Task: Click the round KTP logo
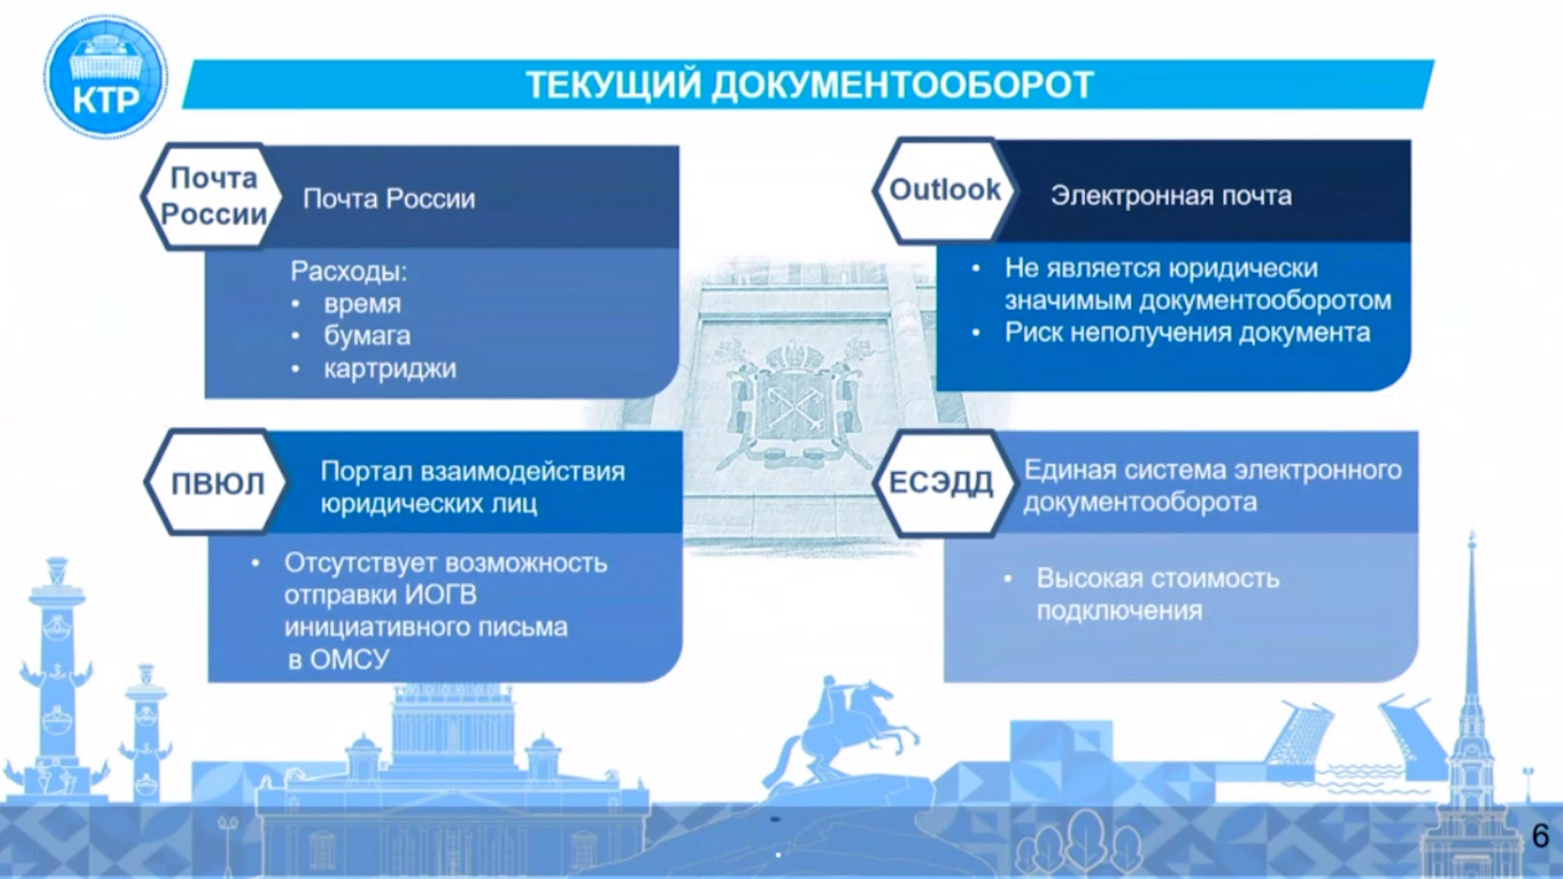(x=106, y=77)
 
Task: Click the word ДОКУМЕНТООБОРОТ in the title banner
(x=903, y=85)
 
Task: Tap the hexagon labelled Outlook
(x=944, y=191)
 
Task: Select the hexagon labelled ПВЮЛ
(x=217, y=483)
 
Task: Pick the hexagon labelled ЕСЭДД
(x=943, y=483)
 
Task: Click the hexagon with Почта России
(x=213, y=196)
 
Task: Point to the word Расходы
(x=348, y=271)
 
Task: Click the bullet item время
(x=351, y=304)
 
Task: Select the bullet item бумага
(x=367, y=336)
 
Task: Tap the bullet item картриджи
(x=390, y=370)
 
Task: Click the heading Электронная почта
(x=1171, y=196)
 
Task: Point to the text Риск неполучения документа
(x=1188, y=333)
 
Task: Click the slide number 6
(x=1540, y=836)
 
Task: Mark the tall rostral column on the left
(x=57, y=676)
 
